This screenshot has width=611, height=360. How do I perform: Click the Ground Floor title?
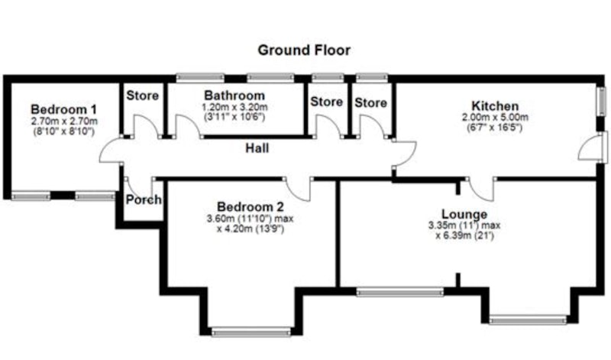pos(304,50)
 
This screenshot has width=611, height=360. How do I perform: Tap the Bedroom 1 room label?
pos(64,109)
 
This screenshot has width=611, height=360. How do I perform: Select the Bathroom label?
pos(234,96)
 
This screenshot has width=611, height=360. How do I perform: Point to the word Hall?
pos(257,148)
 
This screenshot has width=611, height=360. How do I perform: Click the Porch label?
pos(144,199)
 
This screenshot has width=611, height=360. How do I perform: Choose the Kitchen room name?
pos(495,106)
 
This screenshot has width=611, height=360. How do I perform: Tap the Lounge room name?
pos(464,214)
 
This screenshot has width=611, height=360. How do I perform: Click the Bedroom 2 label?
pos(251,206)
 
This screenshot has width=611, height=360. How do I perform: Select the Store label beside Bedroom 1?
pos(142,96)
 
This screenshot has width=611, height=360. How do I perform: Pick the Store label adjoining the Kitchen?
pos(370,102)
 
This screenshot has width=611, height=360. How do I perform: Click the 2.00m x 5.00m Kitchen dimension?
pos(495,117)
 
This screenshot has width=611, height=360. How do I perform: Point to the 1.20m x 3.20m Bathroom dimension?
pos(234,107)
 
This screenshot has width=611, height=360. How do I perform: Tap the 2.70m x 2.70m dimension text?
pos(64,122)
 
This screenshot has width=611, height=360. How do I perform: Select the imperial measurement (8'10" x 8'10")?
pos(64,131)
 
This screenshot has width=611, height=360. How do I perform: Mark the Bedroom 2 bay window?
pos(251,332)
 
